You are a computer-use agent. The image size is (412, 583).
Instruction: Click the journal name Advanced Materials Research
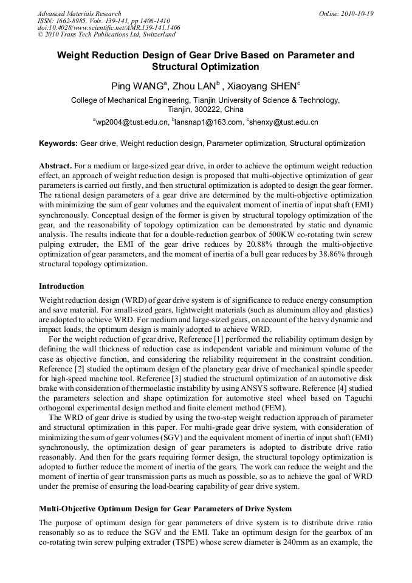click(79, 13)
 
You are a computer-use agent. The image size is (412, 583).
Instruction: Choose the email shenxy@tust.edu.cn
click(284, 122)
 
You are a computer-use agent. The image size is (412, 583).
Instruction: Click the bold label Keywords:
click(58, 144)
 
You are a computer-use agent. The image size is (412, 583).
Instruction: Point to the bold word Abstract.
click(55, 166)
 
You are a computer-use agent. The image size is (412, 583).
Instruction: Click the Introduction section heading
click(61, 286)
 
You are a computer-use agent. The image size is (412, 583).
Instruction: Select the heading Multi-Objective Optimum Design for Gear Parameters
click(165, 508)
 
